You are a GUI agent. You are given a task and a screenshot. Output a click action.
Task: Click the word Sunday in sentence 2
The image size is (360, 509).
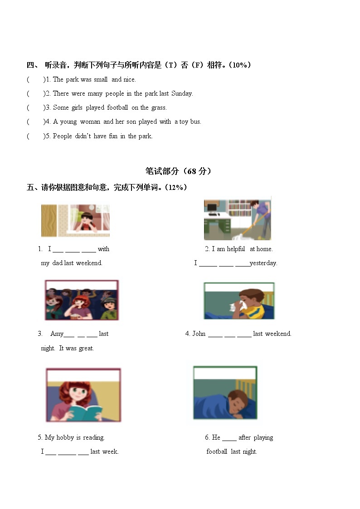click(x=182, y=94)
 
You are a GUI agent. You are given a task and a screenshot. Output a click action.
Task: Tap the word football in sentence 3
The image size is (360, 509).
click(x=117, y=107)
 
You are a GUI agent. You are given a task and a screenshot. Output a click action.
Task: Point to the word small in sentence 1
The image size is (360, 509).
click(x=101, y=79)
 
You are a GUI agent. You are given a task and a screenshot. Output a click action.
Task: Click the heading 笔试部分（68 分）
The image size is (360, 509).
click(x=178, y=171)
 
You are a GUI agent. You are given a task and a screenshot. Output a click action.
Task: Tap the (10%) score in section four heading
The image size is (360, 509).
click(x=240, y=65)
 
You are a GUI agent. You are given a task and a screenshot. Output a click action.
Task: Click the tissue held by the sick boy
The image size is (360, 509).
click(x=237, y=306)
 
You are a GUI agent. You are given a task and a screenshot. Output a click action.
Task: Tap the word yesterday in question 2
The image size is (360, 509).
click(x=263, y=263)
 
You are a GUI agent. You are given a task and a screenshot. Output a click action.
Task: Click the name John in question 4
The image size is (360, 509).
click(x=199, y=334)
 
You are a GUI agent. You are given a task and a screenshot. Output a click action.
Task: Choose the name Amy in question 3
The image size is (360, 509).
click(x=57, y=334)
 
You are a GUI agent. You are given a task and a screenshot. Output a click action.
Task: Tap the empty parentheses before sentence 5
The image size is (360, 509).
click(x=36, y=136)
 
